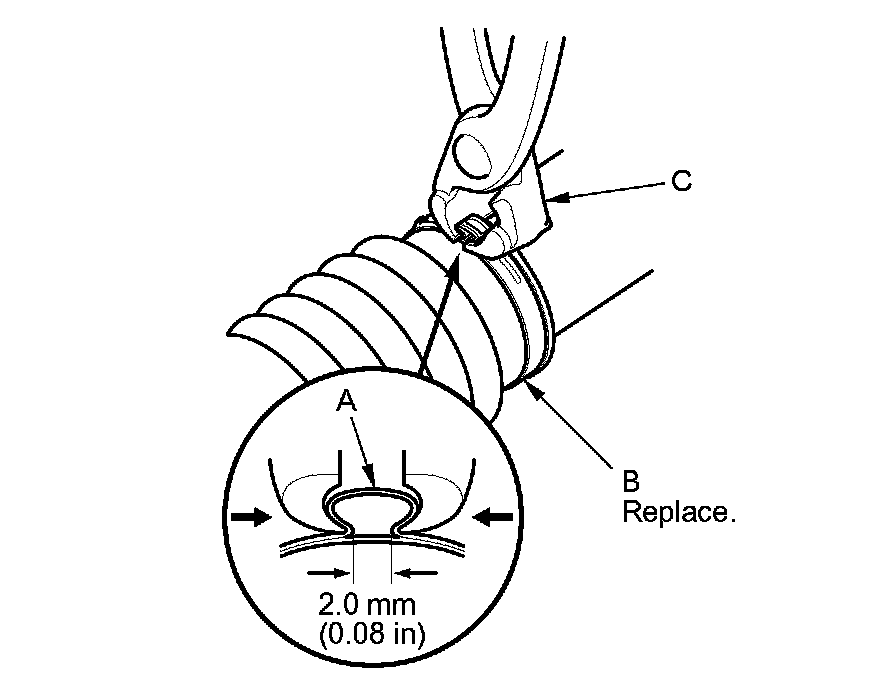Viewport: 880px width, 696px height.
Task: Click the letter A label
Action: (346, 401)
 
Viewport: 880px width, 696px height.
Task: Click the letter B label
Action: (630, 481)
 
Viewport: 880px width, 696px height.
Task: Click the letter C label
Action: (681, 181)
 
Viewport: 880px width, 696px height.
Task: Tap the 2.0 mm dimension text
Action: (364, 605)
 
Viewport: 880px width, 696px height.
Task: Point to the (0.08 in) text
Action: (364, 636)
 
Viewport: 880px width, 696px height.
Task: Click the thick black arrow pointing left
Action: (494, 517)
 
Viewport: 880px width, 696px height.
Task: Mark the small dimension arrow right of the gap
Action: (412, 573)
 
